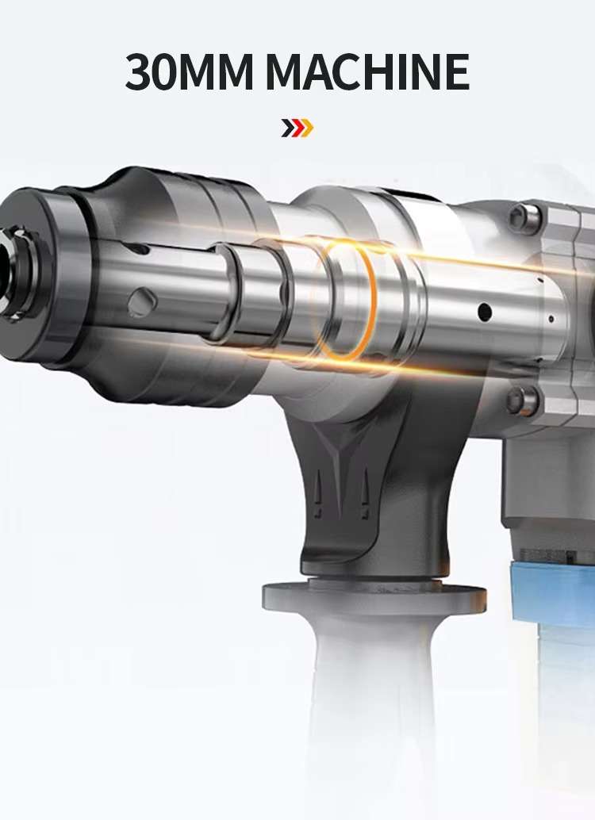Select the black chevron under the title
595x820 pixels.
pyautogui.click(x=287, y=127)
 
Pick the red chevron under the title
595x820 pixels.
pyautogui.click(x=297, y=127)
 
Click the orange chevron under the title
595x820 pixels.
pyautogui.click(x=306, y=127)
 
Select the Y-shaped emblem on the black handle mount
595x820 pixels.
pyautogui.click(x=342, y=460)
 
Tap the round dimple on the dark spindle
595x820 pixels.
pyautogui.click(x=143, y=301)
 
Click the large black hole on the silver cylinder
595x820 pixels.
pyautogui.click(x=482, y=311)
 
